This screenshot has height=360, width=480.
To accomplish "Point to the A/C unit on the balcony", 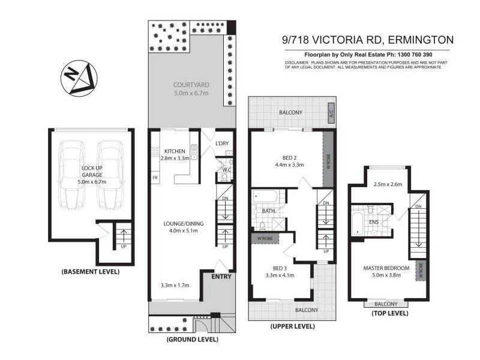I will (330, 112).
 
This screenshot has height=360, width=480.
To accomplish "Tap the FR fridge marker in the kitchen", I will (155, 178).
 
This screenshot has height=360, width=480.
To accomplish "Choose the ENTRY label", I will (221, 277).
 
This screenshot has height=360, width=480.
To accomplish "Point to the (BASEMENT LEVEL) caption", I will (91, 272).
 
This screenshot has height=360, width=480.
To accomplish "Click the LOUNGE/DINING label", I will (184, 224).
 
